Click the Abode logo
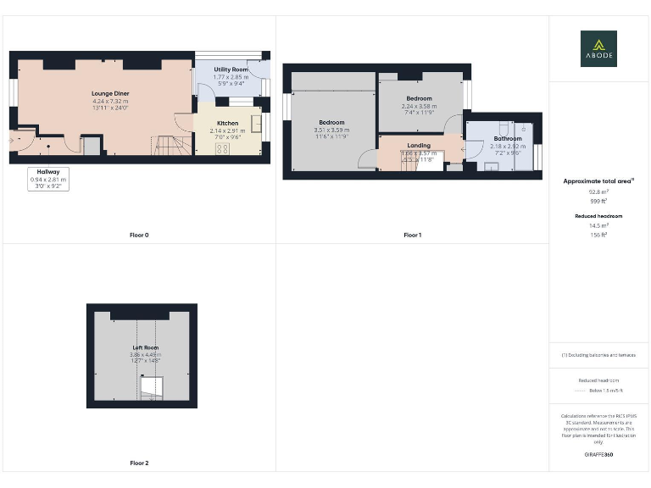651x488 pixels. point(598,48)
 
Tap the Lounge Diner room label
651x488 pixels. point(110,92)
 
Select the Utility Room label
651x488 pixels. point(231,69)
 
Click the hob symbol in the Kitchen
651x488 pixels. point(224,147)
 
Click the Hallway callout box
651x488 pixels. point(47,179)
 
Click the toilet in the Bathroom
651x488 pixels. point(525,130)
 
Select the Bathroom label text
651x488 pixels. point(508,138)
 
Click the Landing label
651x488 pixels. point(419,145)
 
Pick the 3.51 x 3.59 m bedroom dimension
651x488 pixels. point(331,130)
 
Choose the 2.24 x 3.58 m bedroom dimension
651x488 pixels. point(419,106)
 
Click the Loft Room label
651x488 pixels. point(145,348)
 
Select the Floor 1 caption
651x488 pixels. point(412,235)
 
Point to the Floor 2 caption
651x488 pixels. point(139,463)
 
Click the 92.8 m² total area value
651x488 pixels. point(598,192)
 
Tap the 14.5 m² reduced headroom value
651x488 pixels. point(598,225)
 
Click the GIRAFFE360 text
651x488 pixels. point(598,455)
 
